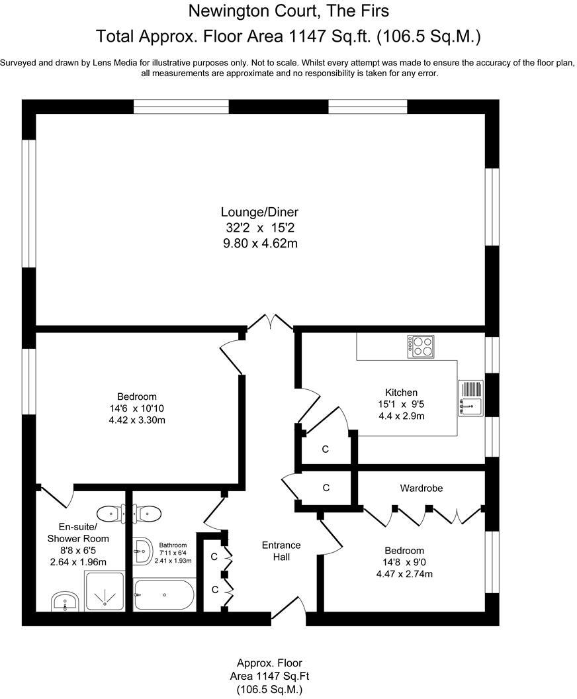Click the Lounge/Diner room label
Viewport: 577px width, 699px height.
pos(259,212)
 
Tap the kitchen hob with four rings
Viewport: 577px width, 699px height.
pos(421,346)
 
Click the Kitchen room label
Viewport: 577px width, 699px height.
pos(402,392)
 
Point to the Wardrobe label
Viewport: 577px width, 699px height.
pos(421,488)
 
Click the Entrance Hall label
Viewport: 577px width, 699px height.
pos(281,551)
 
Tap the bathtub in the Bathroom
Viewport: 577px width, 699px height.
pos(163,595)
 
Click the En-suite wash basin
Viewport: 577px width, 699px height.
pos(65,602)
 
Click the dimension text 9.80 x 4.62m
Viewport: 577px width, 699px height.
pos(259,244)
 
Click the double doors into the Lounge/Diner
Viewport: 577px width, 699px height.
pos(270,322)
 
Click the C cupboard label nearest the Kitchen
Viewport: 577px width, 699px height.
pos(326,449)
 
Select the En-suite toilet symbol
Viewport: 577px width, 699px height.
pos(109,513)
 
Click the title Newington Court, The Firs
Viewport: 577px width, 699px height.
pos(288,11)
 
